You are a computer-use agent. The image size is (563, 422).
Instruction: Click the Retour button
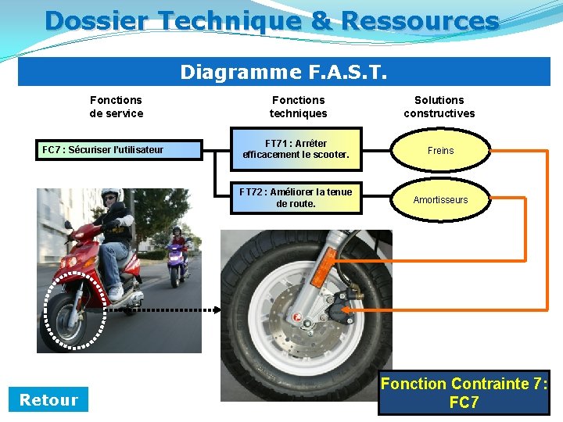(x=48, y=400)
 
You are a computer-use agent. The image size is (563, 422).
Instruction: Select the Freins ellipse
(x=440, y=151)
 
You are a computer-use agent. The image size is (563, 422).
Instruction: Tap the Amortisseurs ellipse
(x=440, y=200)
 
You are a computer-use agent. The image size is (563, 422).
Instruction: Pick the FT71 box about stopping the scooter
(x=296, y=148)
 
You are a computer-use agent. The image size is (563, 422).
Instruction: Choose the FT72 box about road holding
(x=296, y=198)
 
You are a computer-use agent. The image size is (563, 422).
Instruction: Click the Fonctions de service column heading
(x=116, y=106)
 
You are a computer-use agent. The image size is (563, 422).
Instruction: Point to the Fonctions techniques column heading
(x=298, y=106)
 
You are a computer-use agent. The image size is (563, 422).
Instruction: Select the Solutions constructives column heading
(x=439, y=106)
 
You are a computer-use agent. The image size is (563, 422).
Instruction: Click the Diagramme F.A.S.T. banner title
(x=284, y=72)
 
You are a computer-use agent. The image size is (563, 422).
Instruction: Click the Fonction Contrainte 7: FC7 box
(x=464, y=393)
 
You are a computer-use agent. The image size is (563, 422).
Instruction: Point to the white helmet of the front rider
(x=111, y=195)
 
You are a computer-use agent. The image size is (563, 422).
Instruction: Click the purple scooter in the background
(x=178, y=257)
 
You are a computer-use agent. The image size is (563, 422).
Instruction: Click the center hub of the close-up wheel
(x=298, y=318)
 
